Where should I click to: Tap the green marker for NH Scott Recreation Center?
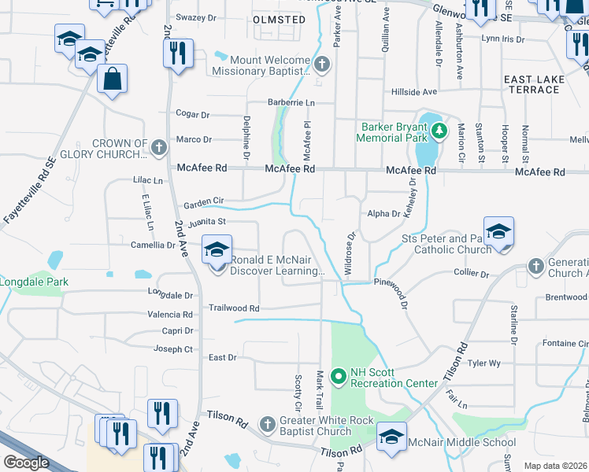[339, 378]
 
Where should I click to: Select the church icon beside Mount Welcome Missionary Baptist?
[320, 64]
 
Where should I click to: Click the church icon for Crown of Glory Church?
[158, 147]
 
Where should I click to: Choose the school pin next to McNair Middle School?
[391, 438]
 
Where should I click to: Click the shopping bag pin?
[113, 79]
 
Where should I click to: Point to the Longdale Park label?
[34, 282]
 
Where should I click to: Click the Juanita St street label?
[206, 222]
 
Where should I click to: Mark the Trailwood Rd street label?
[234, 308]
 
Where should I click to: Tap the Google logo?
[26, 463]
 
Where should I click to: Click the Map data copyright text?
[556, 466]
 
